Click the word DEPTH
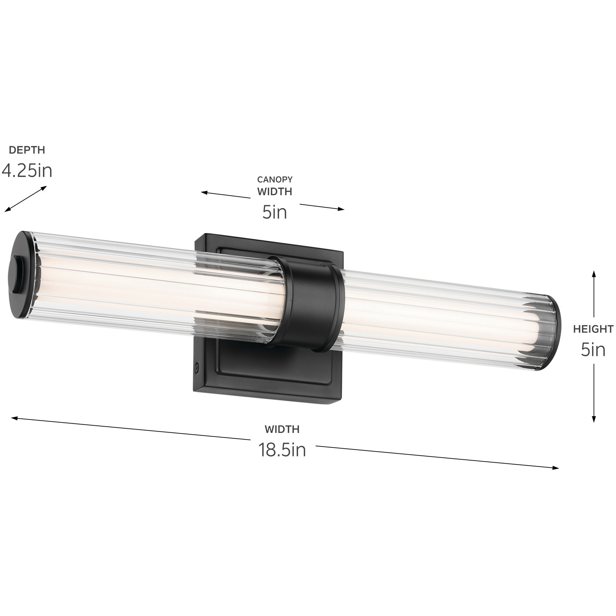pyautogui.click(x=27, y=150)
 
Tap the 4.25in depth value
pyautogui.click(x=27, y=171)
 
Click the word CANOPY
pyautogui.click(x=275, y=179)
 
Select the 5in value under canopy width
pyautogui.click(x=275, y=212)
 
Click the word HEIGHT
pyautogui.click(x=593, y=329)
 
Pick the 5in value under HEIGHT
pyautogui.click(x=593, y=350)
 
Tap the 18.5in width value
pyautogui.click(x=282, y=450)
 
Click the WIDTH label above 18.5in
pyautogui.click(x=282, y=429)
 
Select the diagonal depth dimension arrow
pyautogui.click(x=25, y=199)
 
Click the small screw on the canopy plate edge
pyautogui.click(x=197, y=367)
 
